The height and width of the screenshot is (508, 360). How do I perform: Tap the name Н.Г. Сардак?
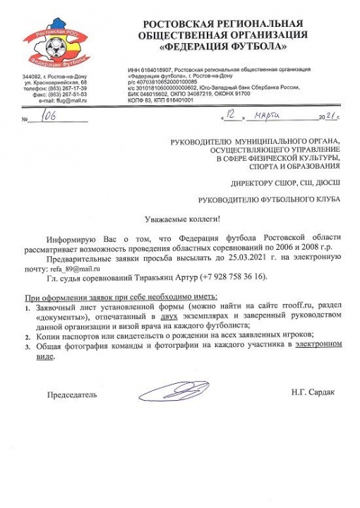(x=312, y=391)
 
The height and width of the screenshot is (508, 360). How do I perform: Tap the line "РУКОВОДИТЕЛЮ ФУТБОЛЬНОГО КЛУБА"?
(x=268, y=200)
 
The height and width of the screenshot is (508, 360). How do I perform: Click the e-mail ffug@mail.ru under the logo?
(x=69, y=102)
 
